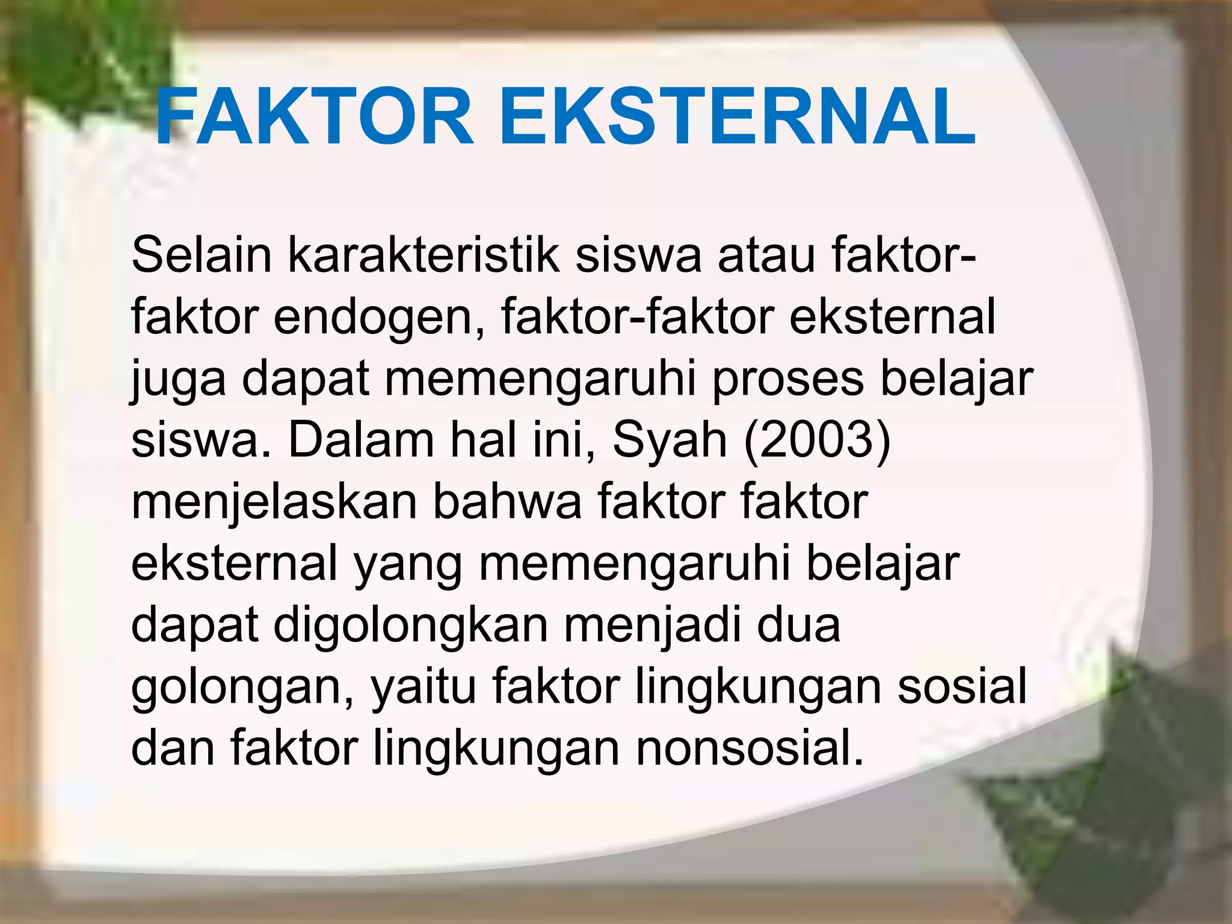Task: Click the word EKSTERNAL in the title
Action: (737, 117)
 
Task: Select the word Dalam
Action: (361, 442)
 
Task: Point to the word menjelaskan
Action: (274, 503)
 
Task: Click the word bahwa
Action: (507, 503)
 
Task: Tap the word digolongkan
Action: (411, 626)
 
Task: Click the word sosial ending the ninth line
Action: (962, 688)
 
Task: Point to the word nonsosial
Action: (750, 750)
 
